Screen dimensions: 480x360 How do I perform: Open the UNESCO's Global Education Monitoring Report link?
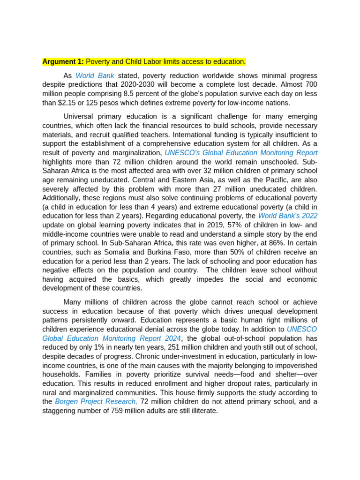(241, 153)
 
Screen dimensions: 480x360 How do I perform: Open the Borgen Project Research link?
(96, 402)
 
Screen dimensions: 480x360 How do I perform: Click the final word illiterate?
(203, 411)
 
